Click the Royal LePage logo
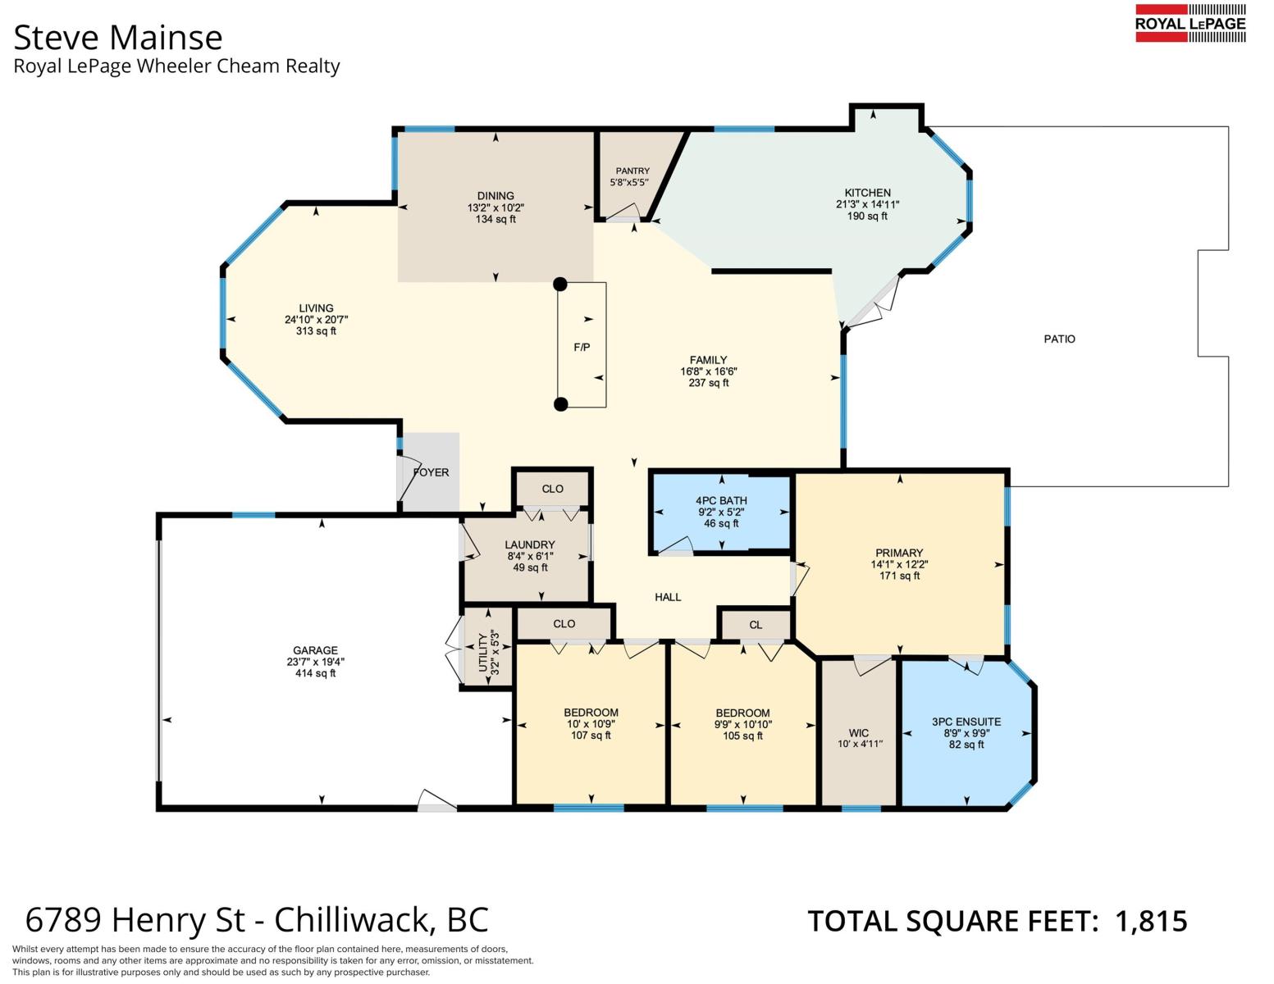pos(1191,24)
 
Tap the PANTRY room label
pos(632,171)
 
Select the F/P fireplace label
pos(582,348)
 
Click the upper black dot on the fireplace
pos(560,285)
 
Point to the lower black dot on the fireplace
pos(561,404)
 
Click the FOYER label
pos(431,472)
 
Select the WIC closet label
pos(859,732)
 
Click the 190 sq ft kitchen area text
pos(867,216)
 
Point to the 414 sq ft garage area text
pos(315,673)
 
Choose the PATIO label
pos(1059,339)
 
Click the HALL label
pos(668,597)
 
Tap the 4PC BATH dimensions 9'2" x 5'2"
pos(721,512)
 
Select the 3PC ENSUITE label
pos(966,722)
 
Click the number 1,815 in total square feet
pos(1151,921)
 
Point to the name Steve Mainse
pos(118,38)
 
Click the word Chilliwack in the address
pos(355,920)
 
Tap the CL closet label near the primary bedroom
pos(756,625)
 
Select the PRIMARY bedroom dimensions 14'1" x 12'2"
pos(899,564)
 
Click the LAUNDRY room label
pos(530,544)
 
